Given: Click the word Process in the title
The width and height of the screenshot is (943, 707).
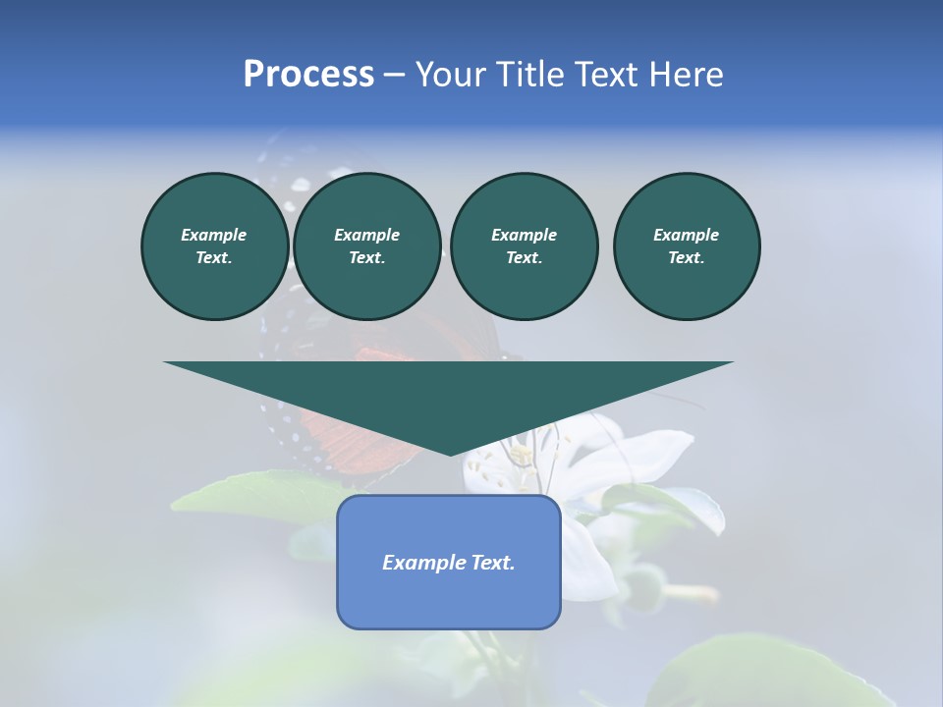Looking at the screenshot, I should coord(308,75).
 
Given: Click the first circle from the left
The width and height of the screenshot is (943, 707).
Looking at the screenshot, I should coord(214,245).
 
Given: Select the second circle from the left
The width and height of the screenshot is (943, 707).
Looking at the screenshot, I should coord(366,245).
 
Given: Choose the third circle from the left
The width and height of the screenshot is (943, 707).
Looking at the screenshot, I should coord(524,245).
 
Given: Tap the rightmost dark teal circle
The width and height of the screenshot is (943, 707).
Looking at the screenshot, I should coord(686,245).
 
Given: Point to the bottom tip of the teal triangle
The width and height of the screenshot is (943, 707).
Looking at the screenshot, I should coord(450,454).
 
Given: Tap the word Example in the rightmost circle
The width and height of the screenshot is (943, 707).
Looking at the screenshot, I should coord(686,235).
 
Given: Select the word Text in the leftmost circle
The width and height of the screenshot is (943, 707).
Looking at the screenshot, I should coord(213,257).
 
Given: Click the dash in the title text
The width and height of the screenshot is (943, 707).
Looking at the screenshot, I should coord(394,75).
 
